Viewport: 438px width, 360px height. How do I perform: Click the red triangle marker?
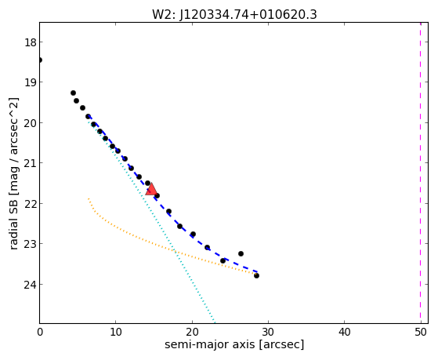(x=151, y=189)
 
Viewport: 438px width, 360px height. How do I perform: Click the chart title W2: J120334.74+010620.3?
(x=234, y=14)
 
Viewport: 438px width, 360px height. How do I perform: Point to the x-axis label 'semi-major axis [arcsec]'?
(x=234, y=344)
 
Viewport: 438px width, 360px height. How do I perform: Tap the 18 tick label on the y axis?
(x=31, y=42)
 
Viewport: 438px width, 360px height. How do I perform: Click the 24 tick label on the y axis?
(x=31, y=285)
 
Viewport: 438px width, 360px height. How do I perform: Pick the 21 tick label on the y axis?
(x=31, y=163)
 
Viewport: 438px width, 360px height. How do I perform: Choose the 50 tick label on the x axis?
(x=421, y=333)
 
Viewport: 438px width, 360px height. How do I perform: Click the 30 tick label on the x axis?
(x=268, y=333)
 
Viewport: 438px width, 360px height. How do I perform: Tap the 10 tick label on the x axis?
(x=116, y=333)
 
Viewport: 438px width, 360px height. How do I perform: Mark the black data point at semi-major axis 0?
(x=40, y=60)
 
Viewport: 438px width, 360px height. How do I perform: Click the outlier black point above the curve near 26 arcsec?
(x=241, y=253)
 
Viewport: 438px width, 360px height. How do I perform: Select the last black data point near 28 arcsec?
(x=256, y=276)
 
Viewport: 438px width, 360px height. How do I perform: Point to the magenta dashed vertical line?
(x=421, y=173)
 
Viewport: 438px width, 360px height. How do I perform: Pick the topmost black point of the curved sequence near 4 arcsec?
(x=73, y=93)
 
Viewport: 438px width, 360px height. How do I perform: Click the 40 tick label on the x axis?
(x=345, y=333)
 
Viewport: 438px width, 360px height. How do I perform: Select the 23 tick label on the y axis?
(x=31, y=244)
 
